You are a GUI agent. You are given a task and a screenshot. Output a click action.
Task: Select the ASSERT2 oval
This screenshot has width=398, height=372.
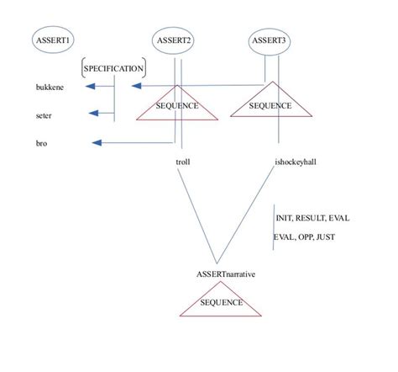175,40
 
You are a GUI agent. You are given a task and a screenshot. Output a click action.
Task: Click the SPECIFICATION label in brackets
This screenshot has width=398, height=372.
114,67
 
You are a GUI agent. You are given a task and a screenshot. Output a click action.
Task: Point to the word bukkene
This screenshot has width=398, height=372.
49,87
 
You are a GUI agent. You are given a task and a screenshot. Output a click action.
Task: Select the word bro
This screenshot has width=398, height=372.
41,144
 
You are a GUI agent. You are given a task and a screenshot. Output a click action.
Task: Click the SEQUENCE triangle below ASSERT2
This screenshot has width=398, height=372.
177,104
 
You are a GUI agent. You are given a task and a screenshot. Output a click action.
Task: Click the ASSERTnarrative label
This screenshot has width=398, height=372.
225,274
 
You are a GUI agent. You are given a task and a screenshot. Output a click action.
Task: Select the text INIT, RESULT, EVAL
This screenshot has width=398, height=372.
312,217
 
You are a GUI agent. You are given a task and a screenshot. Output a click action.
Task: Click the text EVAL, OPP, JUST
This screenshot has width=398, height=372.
304,237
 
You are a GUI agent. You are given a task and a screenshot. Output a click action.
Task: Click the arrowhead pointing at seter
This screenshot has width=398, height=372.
94,114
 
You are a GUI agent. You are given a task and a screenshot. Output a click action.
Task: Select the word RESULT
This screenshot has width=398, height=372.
312,217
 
